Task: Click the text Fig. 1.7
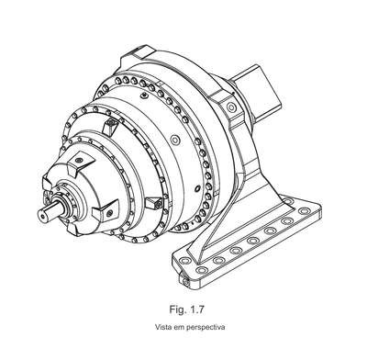pos(186,309)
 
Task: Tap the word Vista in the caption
pos(161,327)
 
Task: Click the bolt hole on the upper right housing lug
pos(230,107)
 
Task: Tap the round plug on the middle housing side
pos(175,140)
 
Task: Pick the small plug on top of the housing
pos(145,96)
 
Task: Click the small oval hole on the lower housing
pos(197,187)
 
